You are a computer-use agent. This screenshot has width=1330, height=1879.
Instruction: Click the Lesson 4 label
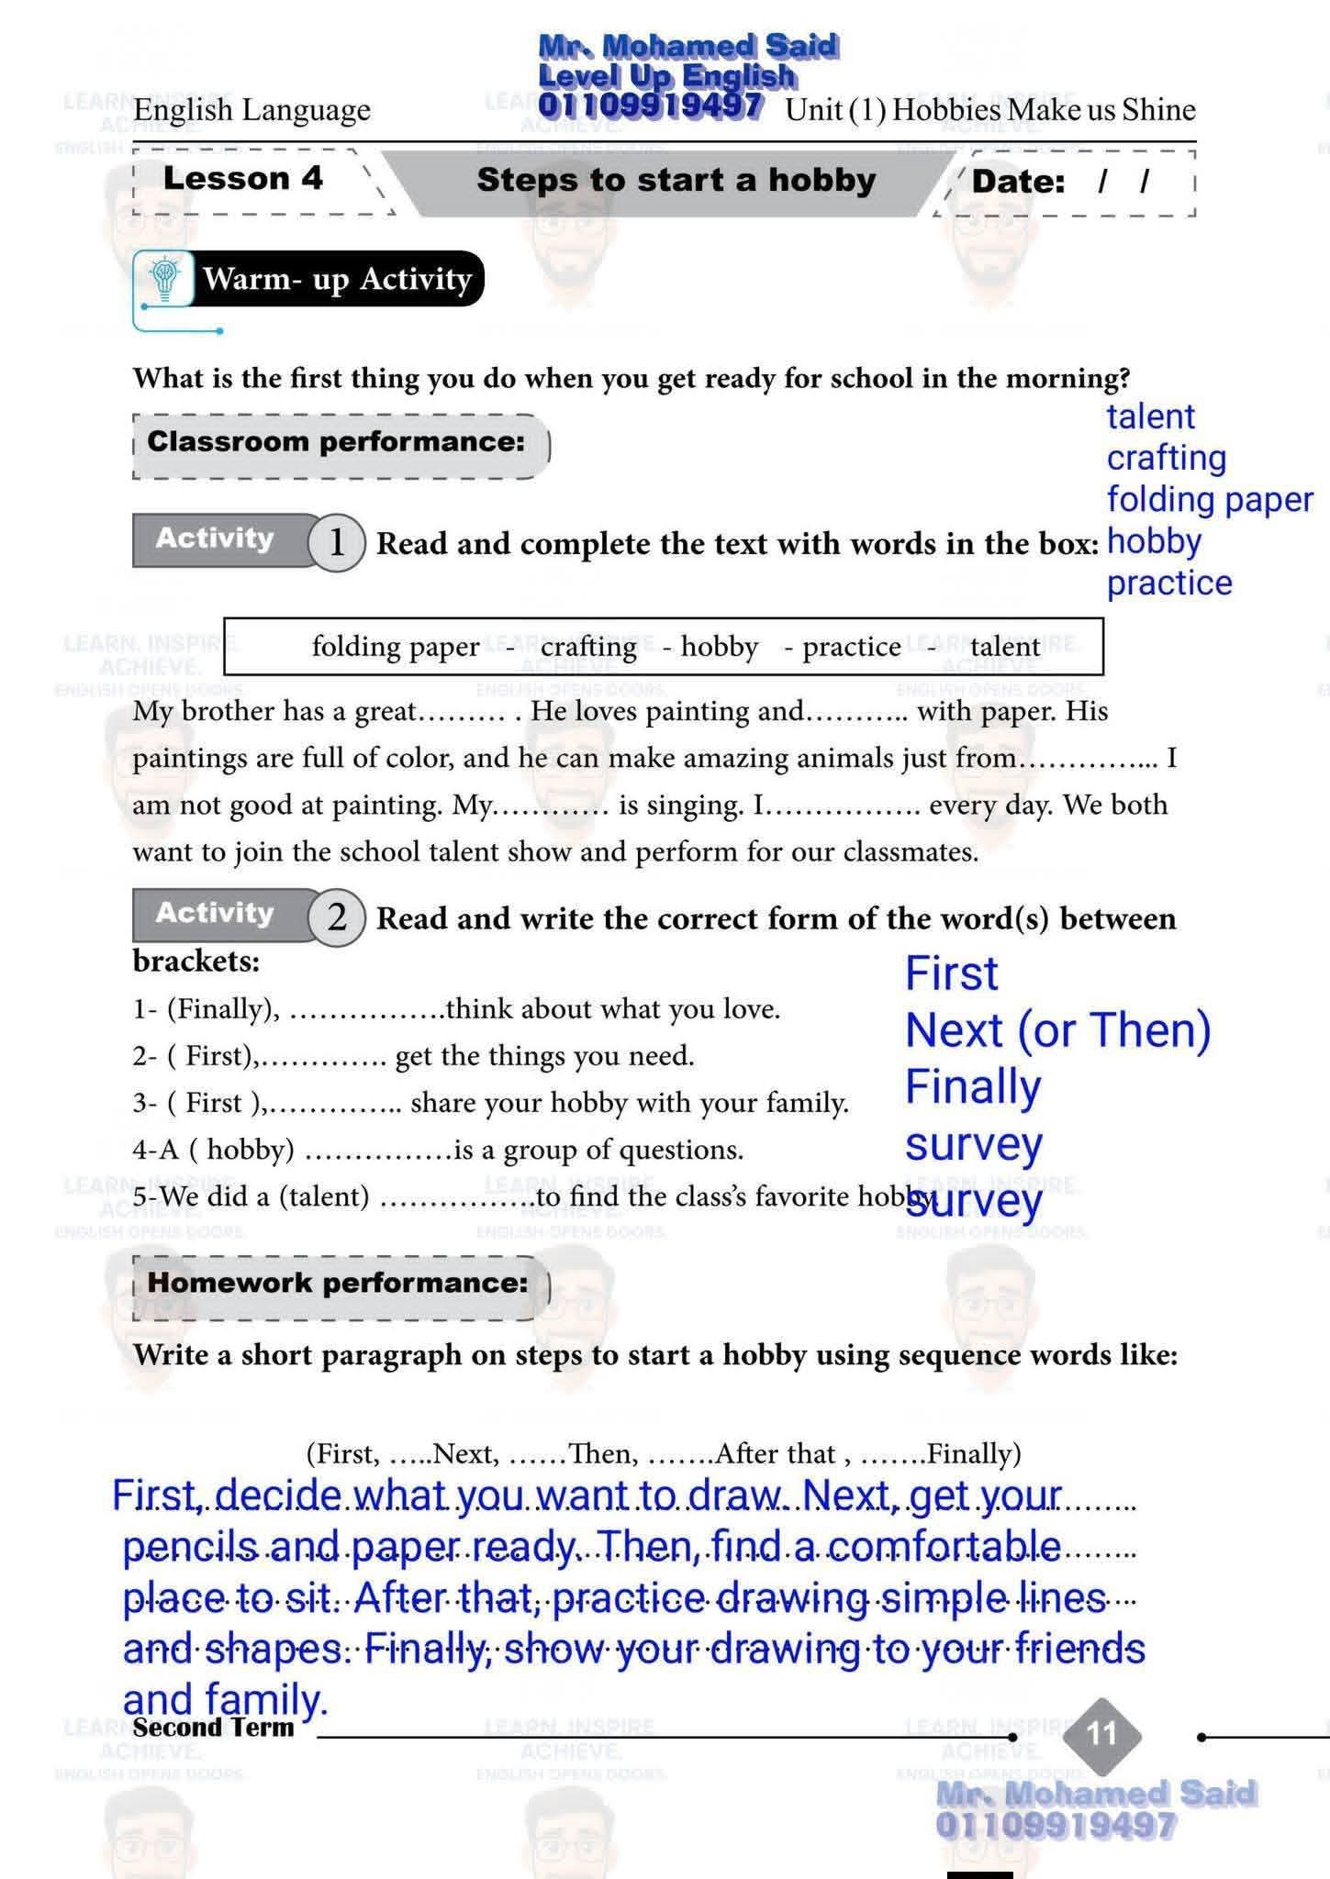click(x=242, y=178)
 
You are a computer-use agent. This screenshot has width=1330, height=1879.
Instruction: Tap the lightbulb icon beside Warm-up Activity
click(x=165, y=277)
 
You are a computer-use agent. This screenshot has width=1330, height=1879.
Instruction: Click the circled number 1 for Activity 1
click(x=337, y=542)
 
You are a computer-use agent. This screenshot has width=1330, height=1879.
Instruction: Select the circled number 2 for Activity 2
click(x=337, y=917)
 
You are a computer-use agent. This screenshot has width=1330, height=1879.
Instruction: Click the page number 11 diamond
click(x=1101, y=1733)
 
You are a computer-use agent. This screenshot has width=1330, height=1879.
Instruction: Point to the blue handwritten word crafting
click(x=1166, y=458)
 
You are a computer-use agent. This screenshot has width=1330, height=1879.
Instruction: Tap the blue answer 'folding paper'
click(x=1209, y=500)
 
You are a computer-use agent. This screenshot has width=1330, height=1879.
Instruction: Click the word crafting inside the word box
click(x=588, y=647)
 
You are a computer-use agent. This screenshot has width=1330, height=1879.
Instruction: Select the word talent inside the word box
click(x=1004, y=647)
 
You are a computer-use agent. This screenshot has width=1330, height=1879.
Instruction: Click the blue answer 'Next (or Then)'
click(x=1057, y=1029)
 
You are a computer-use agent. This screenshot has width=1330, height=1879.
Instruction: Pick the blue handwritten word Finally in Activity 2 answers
click(x=973, y=1086)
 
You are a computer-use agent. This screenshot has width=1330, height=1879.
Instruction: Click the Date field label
click(x=1018, y=182)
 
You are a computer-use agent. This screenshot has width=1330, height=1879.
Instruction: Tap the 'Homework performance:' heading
click(x=338, y=1282)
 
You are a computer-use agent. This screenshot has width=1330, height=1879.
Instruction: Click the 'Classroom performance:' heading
click(x=336, y=441)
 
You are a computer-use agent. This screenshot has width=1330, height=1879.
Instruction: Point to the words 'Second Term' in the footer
click(x=213, y=1728)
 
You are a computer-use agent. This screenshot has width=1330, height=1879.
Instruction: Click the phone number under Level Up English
click(x=650, y=106)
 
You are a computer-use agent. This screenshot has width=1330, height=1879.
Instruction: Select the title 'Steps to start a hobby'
click(x=676, y=180)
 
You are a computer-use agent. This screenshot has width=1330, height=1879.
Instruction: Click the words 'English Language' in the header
click(x=251, y=110)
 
